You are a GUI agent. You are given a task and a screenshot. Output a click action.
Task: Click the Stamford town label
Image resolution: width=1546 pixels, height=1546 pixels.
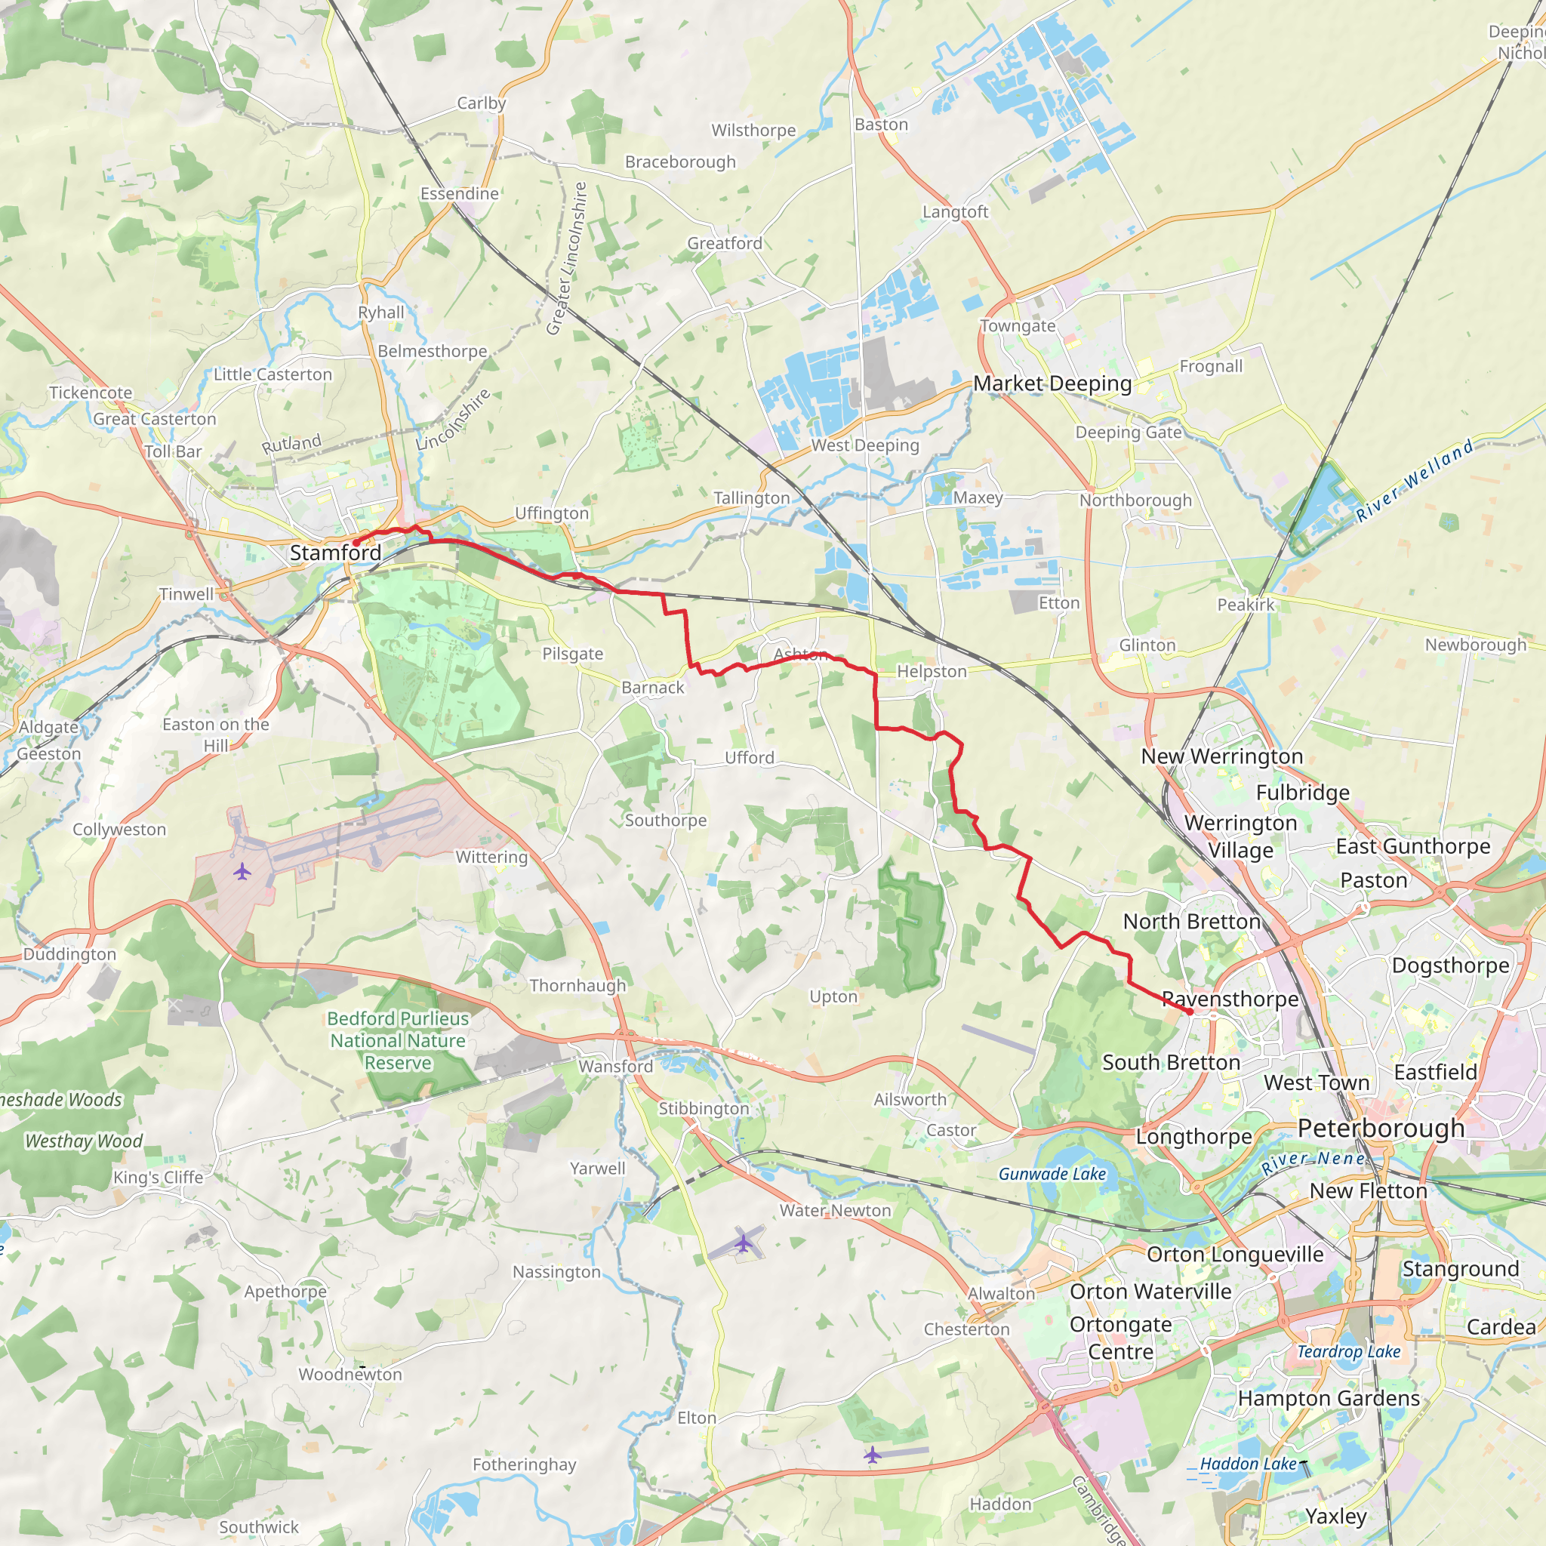(x=335, y=553)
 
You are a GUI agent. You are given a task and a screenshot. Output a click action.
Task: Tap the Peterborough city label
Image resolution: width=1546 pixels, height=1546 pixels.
(x=1381, y=1129)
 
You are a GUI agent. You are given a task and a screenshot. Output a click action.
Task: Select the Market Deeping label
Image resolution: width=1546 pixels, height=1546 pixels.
(x=1052, y=383)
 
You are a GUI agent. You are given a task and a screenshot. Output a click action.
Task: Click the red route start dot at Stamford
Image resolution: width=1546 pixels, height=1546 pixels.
(x=356, y=544)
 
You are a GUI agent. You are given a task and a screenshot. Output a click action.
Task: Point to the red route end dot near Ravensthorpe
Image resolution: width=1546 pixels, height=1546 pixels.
(x=1190, y=1012)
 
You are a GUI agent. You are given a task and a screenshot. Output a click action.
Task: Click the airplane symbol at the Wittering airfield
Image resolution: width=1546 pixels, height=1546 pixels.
(x=242, y=871)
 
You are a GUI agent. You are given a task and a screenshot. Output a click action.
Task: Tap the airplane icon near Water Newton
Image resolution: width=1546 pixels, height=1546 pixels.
(x=744, y=1243)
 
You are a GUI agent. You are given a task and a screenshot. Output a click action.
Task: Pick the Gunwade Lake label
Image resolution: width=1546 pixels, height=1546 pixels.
(x=1052, y=1174)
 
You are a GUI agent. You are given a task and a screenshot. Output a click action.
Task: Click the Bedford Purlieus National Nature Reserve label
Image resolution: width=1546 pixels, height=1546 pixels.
(x=398, y=1040)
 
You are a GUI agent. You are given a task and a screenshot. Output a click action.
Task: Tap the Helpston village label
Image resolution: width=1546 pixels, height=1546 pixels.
(x=932, y=671)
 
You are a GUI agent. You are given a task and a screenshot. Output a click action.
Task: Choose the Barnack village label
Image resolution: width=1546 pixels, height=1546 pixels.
(x=653, y=688)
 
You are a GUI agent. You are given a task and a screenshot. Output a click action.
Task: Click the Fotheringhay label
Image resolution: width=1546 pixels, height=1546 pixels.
(x=524, y=1464)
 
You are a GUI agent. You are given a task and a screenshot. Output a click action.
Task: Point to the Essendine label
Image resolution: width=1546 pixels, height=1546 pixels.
(x=459, y=194)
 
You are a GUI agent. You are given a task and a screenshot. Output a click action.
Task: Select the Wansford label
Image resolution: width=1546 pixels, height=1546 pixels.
(x=615, y=1066)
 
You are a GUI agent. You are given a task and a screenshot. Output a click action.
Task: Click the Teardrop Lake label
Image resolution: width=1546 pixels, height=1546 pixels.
(x=1348, y=1351)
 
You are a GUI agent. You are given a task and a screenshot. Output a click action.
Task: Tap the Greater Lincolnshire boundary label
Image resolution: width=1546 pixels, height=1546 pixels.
(x=568, y=257)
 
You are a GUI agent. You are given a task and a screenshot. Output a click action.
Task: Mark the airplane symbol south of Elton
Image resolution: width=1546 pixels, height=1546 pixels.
(x=872, y=1455)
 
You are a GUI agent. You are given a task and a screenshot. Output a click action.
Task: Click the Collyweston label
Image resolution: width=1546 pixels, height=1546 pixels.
(x=119, y=829)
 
